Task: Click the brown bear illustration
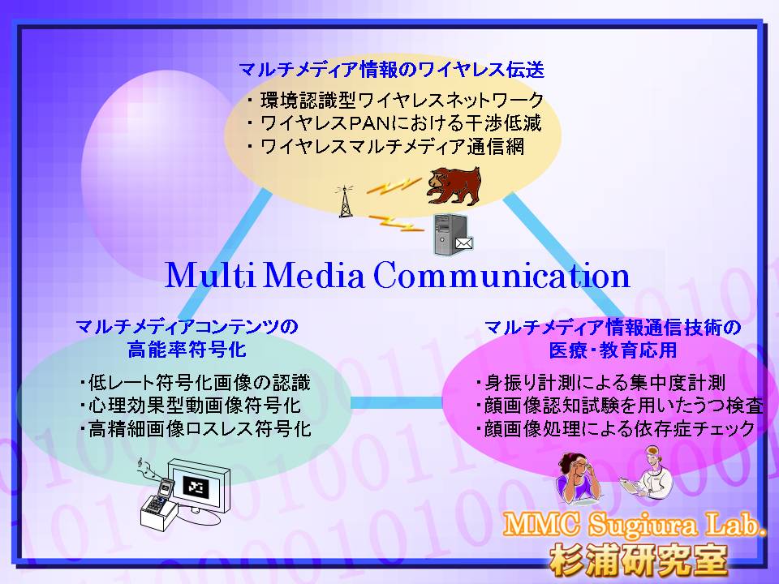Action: (x=454, y=186)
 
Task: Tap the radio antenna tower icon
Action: (x=345, y=201)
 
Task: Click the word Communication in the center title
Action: (x=501, y=275)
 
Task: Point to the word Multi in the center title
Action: (x=209, y=275)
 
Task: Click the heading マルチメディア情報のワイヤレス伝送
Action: (x=391, y=70)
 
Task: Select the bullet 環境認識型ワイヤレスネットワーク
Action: (x=396, y=101)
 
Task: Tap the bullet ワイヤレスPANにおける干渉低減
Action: (x=394, y=123)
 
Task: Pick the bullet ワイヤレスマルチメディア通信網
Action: (x=386, y=147)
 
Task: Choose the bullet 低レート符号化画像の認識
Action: (x=196, y=383)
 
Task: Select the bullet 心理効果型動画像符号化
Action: (x=191, y=406)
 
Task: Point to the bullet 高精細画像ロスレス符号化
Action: (x=196, y=428)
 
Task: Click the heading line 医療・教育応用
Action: (x=613, y=350)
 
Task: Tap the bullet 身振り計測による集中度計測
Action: (x=600, y=383)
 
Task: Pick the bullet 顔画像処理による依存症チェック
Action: (x=615, y=428)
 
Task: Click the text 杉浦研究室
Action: (x=639, y=560)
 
